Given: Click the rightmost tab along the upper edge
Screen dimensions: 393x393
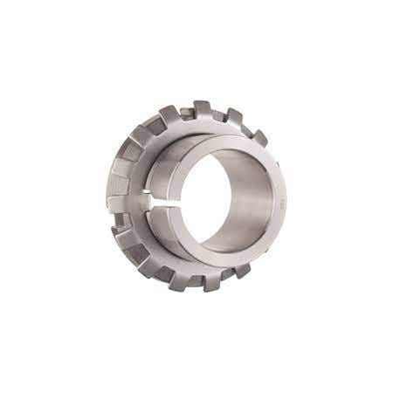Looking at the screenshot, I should point(259,137).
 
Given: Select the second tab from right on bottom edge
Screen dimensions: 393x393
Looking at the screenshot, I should point(213,280).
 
